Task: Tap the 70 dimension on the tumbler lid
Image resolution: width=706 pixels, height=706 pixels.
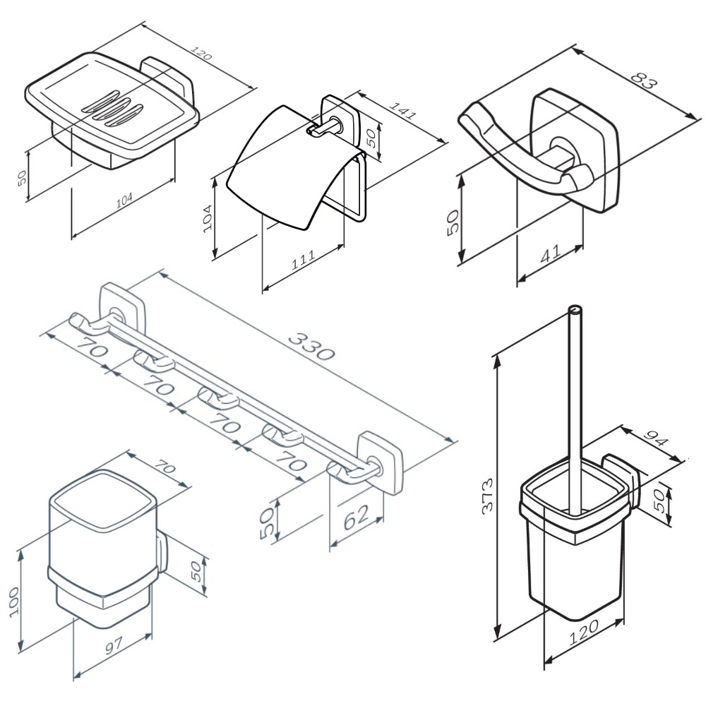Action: click(x=164, y=469)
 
